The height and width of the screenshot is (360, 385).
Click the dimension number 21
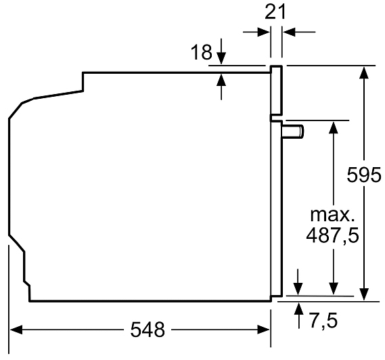(x=275, y=12)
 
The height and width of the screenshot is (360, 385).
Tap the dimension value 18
(x=202, y=52)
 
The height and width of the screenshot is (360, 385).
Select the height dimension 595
(x=364, y=175)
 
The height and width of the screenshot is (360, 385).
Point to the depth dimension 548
(x=148, y=330)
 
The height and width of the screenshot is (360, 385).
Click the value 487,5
(x=332, y=235)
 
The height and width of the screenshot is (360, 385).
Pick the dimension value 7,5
(x=323, y=320)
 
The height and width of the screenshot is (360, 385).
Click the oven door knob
(x=293, y=131)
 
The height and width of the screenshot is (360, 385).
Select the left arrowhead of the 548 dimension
(x=16, y=330)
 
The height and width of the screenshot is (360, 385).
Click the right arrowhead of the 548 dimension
(x=264, y=330)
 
